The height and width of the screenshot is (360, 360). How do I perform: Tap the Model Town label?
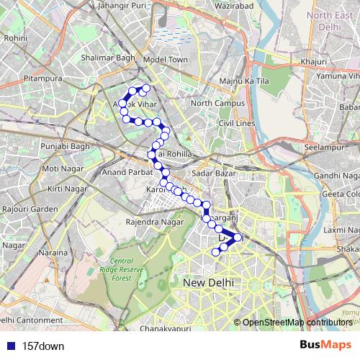(166, 60)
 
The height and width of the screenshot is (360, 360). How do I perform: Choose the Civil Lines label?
(237, 124)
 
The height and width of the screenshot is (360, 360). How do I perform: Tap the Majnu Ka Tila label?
(244, 81)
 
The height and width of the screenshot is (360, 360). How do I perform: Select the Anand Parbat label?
(125, 173)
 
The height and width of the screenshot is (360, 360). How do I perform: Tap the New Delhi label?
(208, 283)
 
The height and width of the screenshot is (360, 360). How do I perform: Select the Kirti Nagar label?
(64, 188)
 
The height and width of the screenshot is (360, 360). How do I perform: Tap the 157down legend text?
(43, 346)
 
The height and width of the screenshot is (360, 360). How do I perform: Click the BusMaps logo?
(325, 346)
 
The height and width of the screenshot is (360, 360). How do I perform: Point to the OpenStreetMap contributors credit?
(297, 322)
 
